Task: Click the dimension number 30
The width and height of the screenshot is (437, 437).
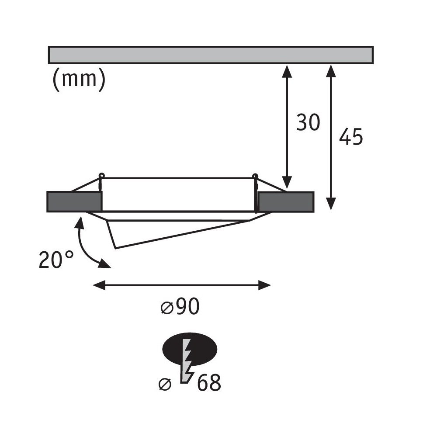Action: [x=308, y=122]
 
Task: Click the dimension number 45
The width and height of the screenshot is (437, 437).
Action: [x=351, y=136]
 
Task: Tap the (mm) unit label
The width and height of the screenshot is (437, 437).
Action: [x=79, y=79]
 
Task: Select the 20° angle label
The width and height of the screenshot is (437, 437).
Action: [x=56, y=260]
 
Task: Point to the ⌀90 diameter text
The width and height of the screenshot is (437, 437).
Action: [x=180, y=306]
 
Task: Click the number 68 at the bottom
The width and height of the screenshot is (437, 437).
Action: [x=209, y=382]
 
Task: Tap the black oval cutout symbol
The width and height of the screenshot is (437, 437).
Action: [x=190, y=349]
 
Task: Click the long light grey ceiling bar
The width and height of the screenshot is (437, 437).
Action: [x=211, y=55]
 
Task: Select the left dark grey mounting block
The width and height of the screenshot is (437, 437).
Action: [x=74, y=201]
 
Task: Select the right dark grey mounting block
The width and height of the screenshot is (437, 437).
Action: [x=286, y=202]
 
